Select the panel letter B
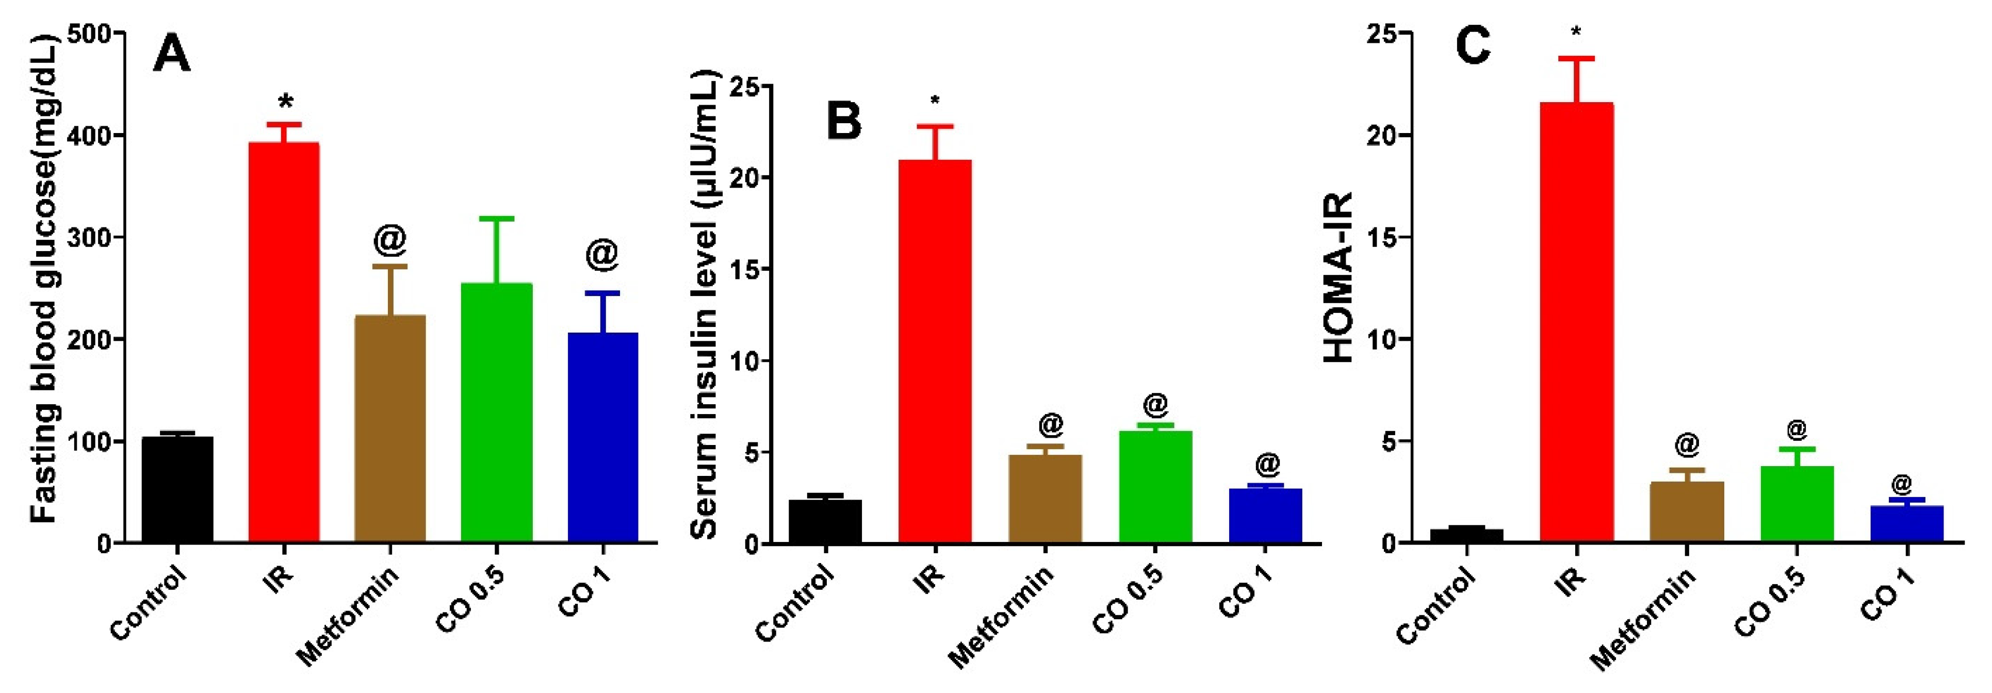pyautogui.click(x=844, y=122)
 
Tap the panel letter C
pyautogui.click(x=1473, y=46)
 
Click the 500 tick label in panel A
pyautogui.click(x=91, y=34)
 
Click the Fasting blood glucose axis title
pyautogui.click(x=45, y=278)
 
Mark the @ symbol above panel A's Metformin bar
pyautogui.click(x=390, y=240)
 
